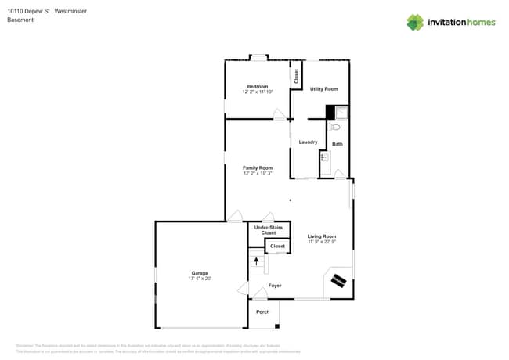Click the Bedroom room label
(258, 86)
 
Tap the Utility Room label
(323, 89)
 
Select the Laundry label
(308, 142)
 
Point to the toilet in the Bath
(335, 127)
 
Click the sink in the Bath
(323, 157)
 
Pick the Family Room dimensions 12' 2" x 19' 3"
(257, 174)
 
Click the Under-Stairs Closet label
(269, 230)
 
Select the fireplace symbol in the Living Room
(339, 280)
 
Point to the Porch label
(263, 311)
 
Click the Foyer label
(275, 286)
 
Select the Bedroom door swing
(280, 115)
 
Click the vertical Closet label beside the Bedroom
(296, 76)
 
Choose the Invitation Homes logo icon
(415, 22)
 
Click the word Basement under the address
(20, 20)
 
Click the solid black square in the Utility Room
(330, 112)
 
